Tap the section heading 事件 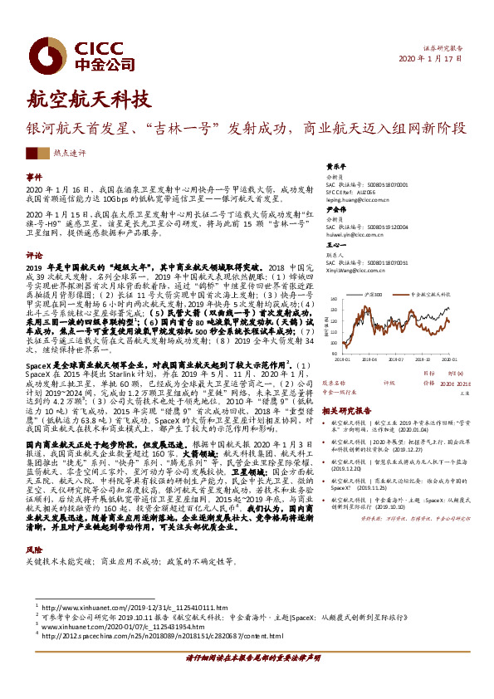point(33,178)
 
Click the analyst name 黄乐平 point(335,165)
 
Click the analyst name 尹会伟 point(335,210)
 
